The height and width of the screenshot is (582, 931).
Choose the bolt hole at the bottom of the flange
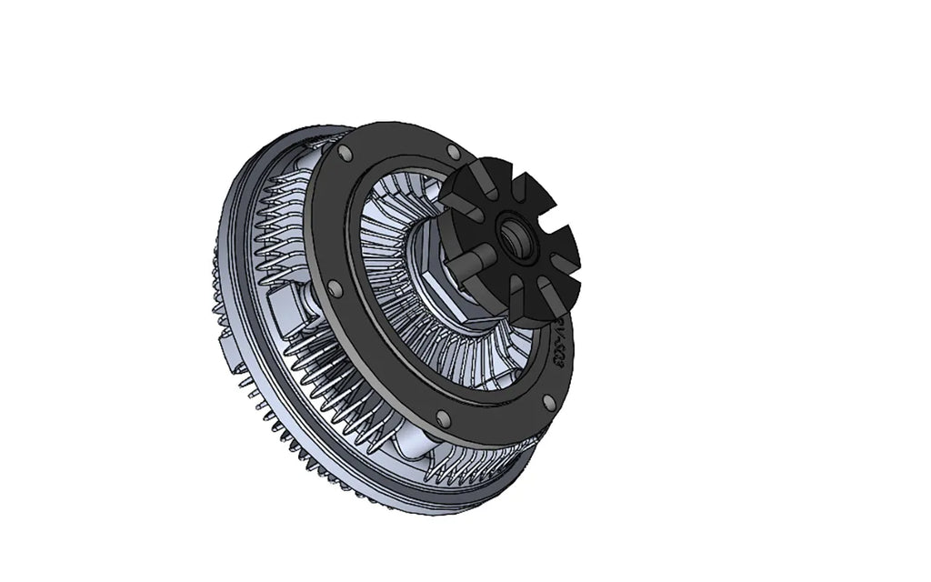tap(443, 417)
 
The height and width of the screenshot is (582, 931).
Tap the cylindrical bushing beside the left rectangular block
tap(315, 296)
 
